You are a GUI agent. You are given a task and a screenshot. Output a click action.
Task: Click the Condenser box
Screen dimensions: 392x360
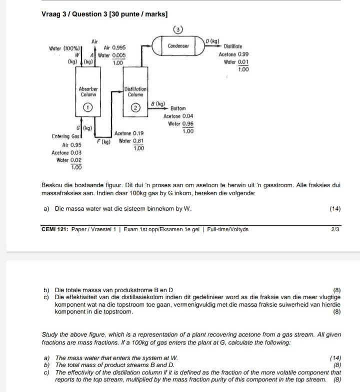pos(178,46)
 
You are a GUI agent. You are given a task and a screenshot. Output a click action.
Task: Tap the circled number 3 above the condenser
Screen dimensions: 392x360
pos(177,29)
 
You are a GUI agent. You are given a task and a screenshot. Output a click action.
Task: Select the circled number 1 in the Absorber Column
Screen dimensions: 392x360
pos(88,107)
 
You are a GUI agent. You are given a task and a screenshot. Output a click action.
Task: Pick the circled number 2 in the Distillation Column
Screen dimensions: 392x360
pos(135,107)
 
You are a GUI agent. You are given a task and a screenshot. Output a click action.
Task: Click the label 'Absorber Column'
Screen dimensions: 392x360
pos(88,92)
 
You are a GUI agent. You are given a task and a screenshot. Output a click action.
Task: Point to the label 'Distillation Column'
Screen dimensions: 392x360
pos(135,92)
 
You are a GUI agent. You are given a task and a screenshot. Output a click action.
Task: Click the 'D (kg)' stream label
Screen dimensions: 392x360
pos(213,40)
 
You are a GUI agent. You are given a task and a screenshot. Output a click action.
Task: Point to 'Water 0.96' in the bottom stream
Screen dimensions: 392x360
pos(180,124)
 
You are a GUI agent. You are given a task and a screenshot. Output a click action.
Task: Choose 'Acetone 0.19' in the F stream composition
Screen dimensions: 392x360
pos(128,133)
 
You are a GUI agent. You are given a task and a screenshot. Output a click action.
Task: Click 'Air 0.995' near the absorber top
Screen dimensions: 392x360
pos(114,47)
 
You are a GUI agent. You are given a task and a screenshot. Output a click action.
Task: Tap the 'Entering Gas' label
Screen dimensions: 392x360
pos(65,136)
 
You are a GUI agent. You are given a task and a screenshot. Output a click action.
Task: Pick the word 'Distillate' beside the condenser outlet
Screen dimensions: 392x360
pos(233,46)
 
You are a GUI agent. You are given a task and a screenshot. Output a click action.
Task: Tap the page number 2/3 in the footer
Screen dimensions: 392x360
pos(335,229)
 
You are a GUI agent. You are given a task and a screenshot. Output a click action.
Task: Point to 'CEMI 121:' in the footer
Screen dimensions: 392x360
pos(55,229)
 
